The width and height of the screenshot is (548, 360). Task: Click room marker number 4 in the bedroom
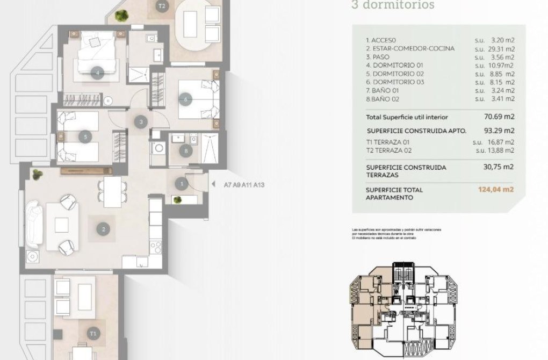pos(97,73)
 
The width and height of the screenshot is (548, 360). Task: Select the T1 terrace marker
pos(94,334)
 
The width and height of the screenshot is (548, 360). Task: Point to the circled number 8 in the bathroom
pos(186,151)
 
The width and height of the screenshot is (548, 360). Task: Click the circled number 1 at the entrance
pos(182,185)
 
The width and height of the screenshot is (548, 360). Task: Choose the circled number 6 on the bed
pos(186,99)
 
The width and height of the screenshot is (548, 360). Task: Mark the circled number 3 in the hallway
pos(141,122)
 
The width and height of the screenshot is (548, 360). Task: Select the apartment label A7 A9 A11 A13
pos(244,185)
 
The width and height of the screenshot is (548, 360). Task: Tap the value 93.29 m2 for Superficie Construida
pos(499,130)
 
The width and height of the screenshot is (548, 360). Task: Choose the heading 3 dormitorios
pos(385,6)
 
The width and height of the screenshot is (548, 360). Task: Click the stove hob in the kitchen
pos(155,247)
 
